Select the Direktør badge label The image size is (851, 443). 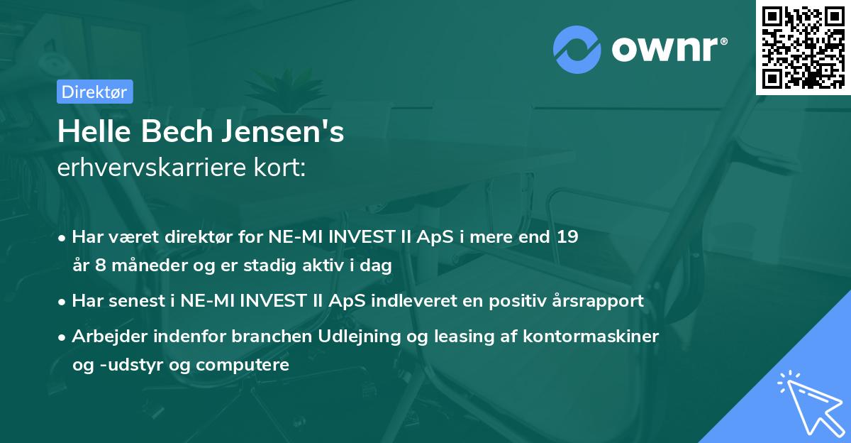pyautogui.click(x=94, y=92)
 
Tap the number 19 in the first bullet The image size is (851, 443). pyautogui.click(x=567, y=236)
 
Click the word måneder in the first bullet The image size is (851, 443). pyautogui.click(x=134, y=266)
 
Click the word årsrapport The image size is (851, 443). pyautogui.click(x=597, y=300)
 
